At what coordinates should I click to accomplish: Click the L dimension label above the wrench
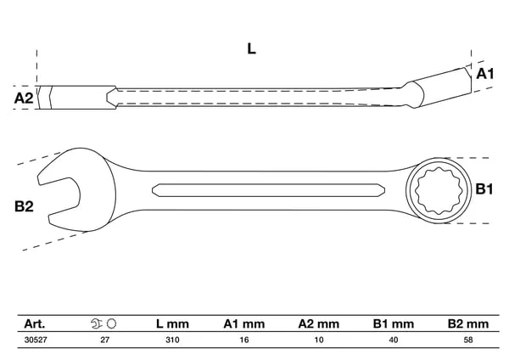[252, 49]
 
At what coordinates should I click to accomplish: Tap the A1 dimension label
[485, 74]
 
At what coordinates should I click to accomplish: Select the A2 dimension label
[24, 98]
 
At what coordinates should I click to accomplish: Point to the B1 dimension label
[484, 188]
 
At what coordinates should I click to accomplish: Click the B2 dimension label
[24, 206]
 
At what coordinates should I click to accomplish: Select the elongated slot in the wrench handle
[268, 190]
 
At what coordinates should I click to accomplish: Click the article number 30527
[36, 340]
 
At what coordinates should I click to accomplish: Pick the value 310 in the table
[172, 340]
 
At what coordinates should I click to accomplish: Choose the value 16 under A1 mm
[244, 340]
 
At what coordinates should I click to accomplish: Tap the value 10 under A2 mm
[319, 340]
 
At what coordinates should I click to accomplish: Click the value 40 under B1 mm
[394, 340]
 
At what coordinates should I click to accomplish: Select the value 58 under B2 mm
[468, 340]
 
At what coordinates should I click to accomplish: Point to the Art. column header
[35, 324]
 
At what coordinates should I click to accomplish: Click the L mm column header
[172, 324]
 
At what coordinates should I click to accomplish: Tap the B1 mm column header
[394, 324]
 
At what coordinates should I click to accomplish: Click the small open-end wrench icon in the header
[97, 323]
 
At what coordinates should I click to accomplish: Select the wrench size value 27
[105, 340]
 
